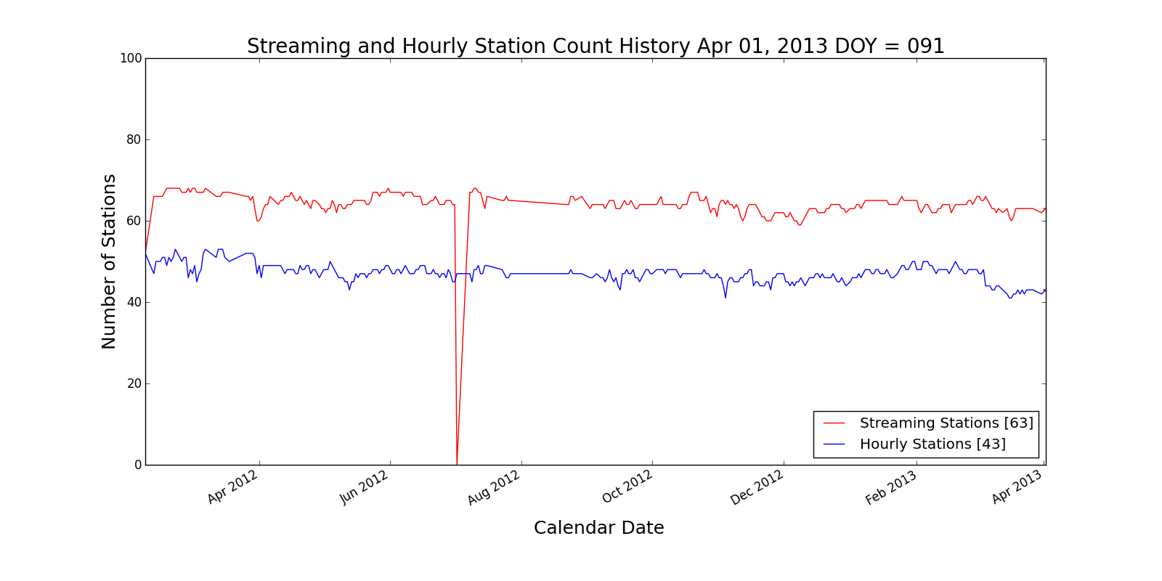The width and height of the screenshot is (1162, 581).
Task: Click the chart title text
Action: pyautogui.click(x=596, y=46)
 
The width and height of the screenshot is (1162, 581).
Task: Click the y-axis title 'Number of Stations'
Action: pyautogui.click(x=109, y=261)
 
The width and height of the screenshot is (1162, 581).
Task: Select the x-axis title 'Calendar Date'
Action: pyautogui.click(x=598, y=528)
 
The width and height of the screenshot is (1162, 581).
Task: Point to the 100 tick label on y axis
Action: pyautogui.click(x=131, y=58)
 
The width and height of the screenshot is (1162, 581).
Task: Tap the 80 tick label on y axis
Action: pyautogui.click(x=134, y=139)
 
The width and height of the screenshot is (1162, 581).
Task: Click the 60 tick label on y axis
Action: pyautogui.click(x=134, y=221)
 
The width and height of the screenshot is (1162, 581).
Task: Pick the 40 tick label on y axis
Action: pyautogui.click(x=134, y=302)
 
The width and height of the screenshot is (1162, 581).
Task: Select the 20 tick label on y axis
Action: pyautogui.click(x=134, y=383)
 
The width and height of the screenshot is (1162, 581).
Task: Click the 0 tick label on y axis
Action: pyautogui.click(x=137, y=465)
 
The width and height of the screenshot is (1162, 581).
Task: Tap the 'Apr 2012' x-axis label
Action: pyautogui.click(x=233, y=487)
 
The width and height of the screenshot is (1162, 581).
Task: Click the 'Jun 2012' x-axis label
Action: pyautogui.click(x=364, y=487)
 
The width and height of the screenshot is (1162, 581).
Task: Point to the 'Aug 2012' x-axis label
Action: pyautogui.click(x=495, y=487)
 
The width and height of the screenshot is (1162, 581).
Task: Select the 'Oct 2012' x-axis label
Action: pyautogui.click(x=627, y=487)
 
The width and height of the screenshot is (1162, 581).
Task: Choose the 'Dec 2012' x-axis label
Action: pyautogui.click(x=757, y=487)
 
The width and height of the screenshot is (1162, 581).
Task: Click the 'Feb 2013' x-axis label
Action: pyautogui.click(x=891, y=487)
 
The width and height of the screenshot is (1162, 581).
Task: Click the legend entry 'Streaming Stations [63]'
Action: pyautogui.click(x=946, y=423)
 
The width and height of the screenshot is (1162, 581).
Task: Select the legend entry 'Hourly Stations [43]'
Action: pyautogui.click(x=933, y=444)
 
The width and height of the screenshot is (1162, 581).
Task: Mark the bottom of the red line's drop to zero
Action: pyautogui.click(x=457, y=464)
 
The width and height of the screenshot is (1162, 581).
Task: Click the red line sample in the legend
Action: pyautogui.click(x=834, y=423)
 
